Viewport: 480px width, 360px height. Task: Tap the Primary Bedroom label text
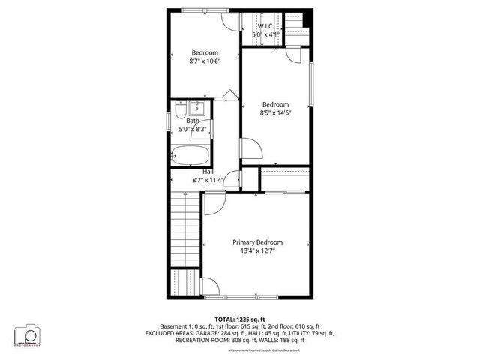(x=257, y=242)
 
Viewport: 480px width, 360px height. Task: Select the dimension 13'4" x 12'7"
(x=257, y=251)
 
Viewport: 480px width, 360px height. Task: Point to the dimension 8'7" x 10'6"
(x=204, y=61)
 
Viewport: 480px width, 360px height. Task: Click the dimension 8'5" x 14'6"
(x=276, y=112)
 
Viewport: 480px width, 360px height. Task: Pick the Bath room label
(x=193, y=121)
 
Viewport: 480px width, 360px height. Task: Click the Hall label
(x=208, y=172)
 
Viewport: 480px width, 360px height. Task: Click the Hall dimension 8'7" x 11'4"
(x=208, y=180)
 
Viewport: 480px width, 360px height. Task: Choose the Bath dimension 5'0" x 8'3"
(x=193, y=129)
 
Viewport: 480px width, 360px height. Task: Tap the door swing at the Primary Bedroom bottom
(x=211, y=287)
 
